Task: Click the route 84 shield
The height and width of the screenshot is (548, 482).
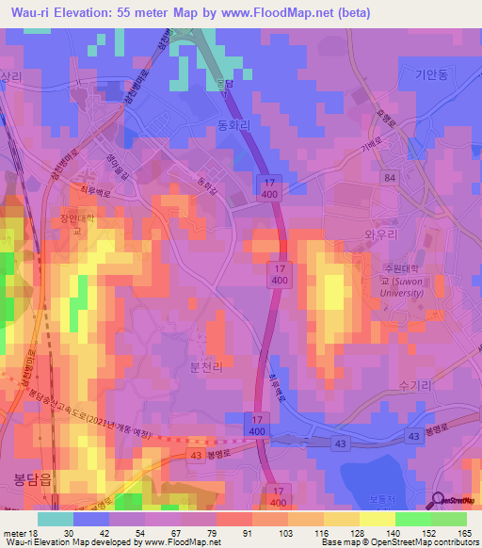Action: [x=390, y=177]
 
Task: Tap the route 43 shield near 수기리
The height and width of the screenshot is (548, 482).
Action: [x=414, y=435]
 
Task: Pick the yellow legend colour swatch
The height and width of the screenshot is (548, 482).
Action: [x=377, y=518]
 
